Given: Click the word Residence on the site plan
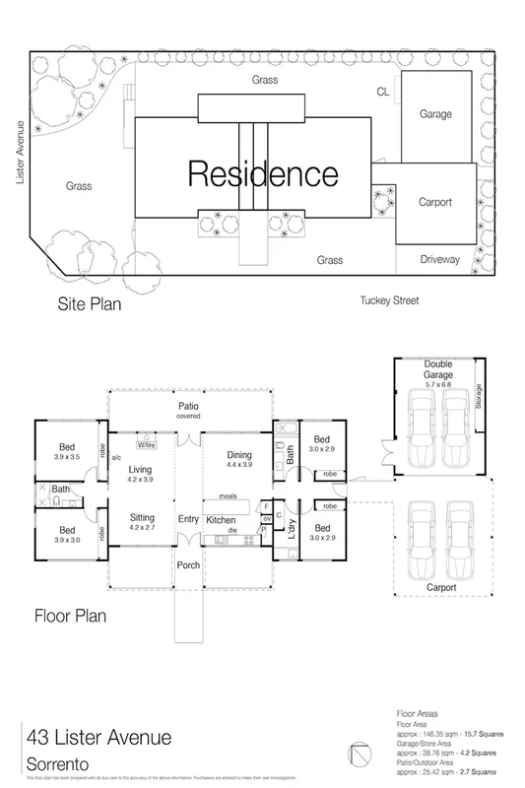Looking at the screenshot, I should point(262,174).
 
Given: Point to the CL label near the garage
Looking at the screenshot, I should point(383,93).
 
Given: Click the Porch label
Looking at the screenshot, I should point(188,564).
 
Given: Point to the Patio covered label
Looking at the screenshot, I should point(188,410).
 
